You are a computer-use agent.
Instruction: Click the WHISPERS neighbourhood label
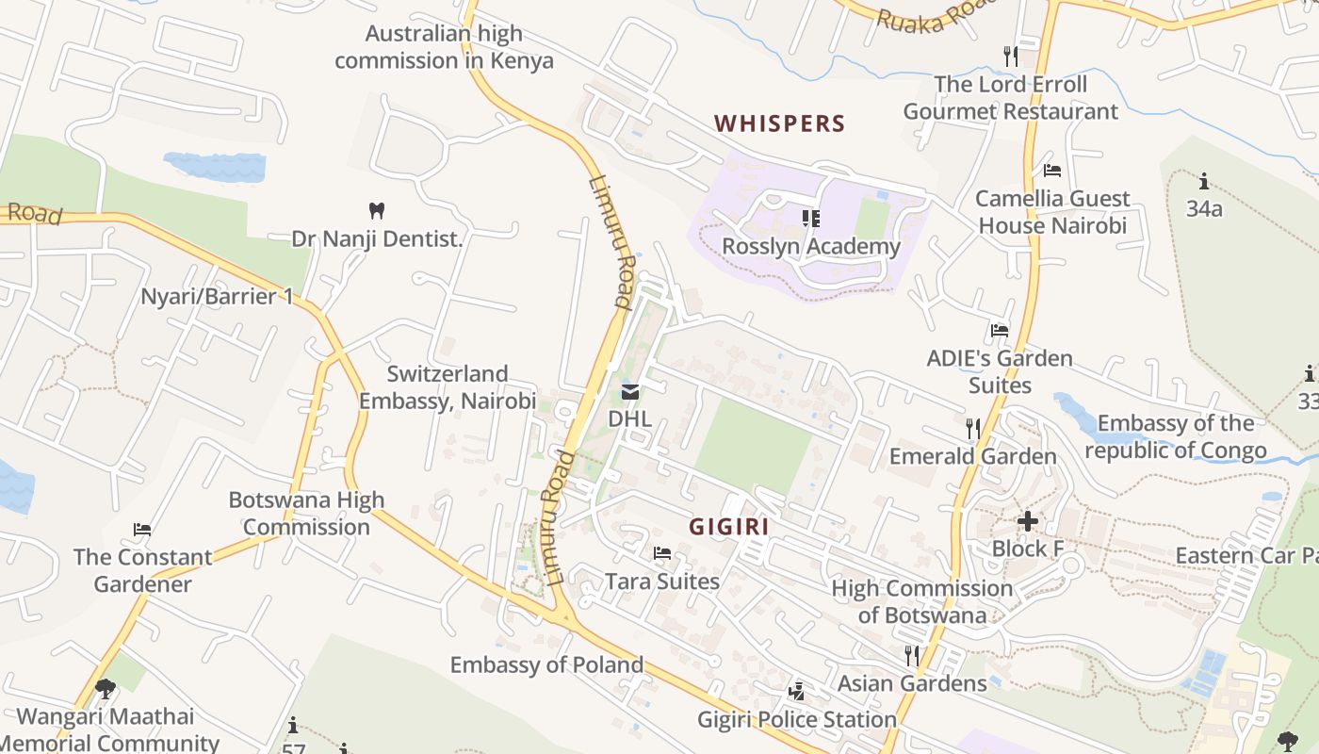point(779,123)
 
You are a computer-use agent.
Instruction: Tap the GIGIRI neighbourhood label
point(728,527)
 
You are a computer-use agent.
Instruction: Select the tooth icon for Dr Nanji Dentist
point(377,210)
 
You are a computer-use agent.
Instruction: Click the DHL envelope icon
point(630,391)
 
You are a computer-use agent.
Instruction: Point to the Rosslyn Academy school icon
point(810,219)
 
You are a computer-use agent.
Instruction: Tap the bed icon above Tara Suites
point(662,553)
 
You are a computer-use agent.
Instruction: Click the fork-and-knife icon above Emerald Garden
point(973,428)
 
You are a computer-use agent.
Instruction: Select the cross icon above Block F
point(1028,520)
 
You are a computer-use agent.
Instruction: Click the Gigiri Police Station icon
point(797,692)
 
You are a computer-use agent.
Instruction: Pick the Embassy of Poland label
point(546,664)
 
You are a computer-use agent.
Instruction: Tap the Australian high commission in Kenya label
point(444,47)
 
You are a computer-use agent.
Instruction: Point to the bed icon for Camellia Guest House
point(1052,171)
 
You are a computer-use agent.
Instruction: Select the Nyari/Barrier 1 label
point(217,297)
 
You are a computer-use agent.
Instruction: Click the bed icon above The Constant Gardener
point(142,530)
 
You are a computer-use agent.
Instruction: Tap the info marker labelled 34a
point(1203,181)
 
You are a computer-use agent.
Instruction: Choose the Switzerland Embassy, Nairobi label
point(448,386)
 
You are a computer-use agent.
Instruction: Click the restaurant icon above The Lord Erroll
point(1011,56)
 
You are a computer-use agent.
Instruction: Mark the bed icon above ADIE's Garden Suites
point(1000,331)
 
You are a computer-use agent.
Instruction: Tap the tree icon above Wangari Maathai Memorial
point(106,689)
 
